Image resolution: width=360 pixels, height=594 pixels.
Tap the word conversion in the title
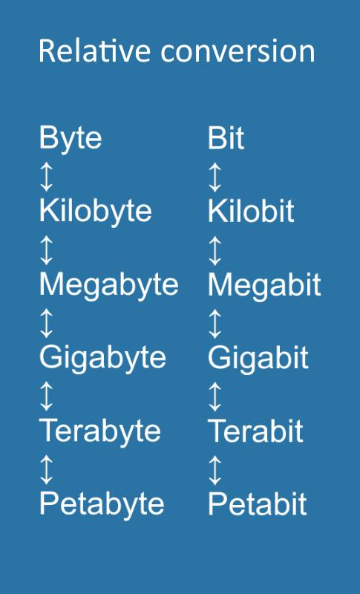pyautogui.click(x=238, y=51)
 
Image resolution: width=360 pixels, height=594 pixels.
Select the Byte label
pyautogui.click(x=71, y=139)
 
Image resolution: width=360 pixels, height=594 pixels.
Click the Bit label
pyautogui.click(x=226, y=138)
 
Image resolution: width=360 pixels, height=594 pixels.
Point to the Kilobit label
pyautogui.click(x=251, y=211)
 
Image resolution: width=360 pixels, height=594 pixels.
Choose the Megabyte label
pyautogui.click(x=108, y=285)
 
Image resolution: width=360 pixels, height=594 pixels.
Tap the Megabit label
pyautogui.click(x=264, y=285)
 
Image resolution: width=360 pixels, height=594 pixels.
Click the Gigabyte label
pyautogui.click(x=102, y=359)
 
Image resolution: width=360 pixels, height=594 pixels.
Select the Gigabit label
pyautogui.click(x=258, y=359)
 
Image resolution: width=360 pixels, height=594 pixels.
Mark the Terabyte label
pyautogui.click(x=100, y=432)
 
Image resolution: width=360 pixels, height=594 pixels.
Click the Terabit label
pyautogui.click(x=255, y=431)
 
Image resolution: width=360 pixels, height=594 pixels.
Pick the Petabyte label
pyautogui.click(x=102, y=505)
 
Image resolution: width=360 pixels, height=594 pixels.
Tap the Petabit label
pyautogui.click(x=258, y=504)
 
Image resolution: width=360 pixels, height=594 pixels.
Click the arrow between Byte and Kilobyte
pyautogui.click(x=46, y=177)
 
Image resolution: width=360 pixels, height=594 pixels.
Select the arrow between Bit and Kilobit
pyautogui.click(x=215, y=177)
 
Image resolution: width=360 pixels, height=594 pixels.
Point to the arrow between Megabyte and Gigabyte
pyautogui.click(x=46, y=323)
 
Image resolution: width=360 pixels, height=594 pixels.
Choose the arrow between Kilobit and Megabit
pyautogui.click(x=215, y=250)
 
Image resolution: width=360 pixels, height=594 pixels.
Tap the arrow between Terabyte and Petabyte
pyautogui.click(x=46, y=470)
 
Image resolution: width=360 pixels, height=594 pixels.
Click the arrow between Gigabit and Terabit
pyautogui.click(x=215, y=396)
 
